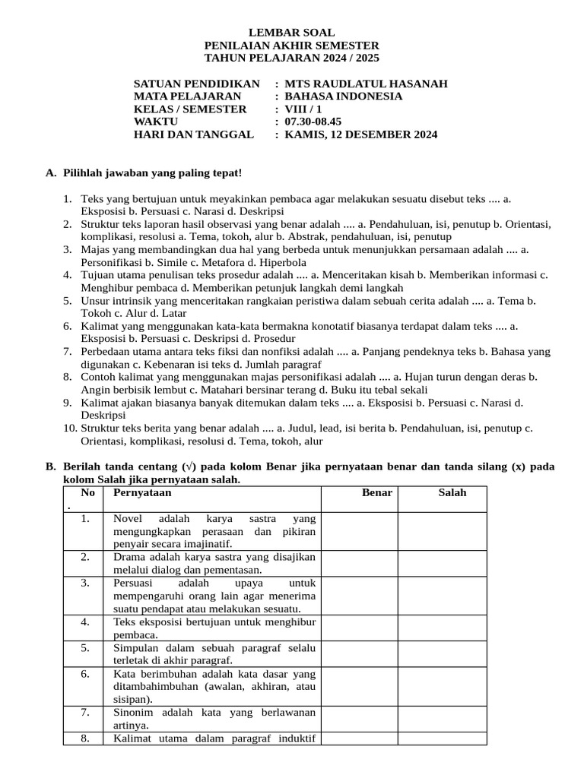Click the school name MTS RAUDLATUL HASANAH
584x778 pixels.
[366, 84]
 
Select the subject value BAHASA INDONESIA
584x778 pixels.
[344, 96]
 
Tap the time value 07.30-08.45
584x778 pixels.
[313, 122]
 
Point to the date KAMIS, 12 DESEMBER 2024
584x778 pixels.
[361, 134]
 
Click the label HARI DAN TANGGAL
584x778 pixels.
[193, 134]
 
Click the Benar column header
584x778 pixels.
[377, 493]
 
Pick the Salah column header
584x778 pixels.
[452, 493]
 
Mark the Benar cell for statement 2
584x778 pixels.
[359, 563]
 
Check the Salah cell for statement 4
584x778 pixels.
[442, 628]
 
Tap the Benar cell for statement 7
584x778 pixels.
[359, 719]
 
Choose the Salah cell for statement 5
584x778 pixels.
[442, 654]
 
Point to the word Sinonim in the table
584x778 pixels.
[133, 712]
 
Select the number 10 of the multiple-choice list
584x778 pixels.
[69, 429]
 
